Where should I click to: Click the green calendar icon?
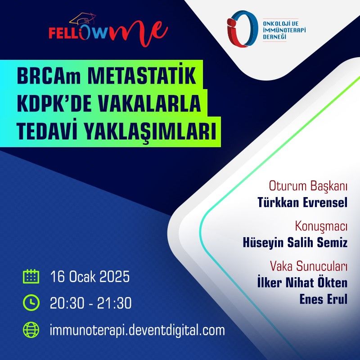click(x=31, y=276)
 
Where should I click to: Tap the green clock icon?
click(x=31, y=302)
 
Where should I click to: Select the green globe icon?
click(x=31, y=330)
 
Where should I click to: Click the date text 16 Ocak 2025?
click(x=90, y=276)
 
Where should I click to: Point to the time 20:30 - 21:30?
click(x=91, y=303)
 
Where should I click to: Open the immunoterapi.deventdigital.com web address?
click(x=137, y=330)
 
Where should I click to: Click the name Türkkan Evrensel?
click(x=302, y=202)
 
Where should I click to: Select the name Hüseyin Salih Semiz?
click(x=295, y=243)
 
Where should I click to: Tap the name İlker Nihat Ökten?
click(x=302, y=283)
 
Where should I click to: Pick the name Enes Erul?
click(x=324, y=299)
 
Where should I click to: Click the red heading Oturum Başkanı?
click(x=308, y=186)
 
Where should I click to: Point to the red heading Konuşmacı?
click(x=321, y=226)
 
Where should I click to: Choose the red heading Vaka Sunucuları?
click(x=308, y=266)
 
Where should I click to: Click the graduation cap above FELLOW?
click(x=82, y=20)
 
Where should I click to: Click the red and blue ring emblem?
click(x=242, y=28)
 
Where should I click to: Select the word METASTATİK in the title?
click(x=142, y=76)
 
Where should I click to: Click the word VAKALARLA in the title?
click(x=149, y=104)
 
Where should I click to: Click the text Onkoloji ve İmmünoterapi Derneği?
click(x=284, y=30)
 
